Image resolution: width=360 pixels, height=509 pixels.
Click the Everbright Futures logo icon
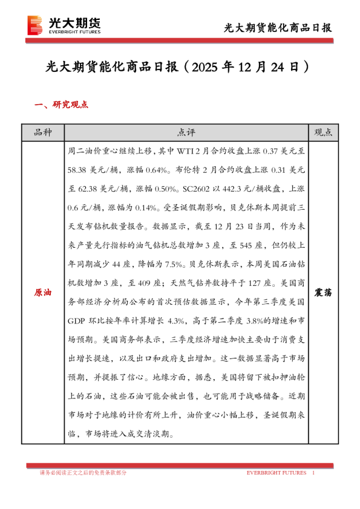[36, 24]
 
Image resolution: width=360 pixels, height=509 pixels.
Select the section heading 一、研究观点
[61, 105]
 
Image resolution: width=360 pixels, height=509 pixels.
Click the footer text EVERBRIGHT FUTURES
[276, 473]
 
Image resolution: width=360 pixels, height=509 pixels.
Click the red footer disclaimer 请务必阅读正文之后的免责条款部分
[82, 473]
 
